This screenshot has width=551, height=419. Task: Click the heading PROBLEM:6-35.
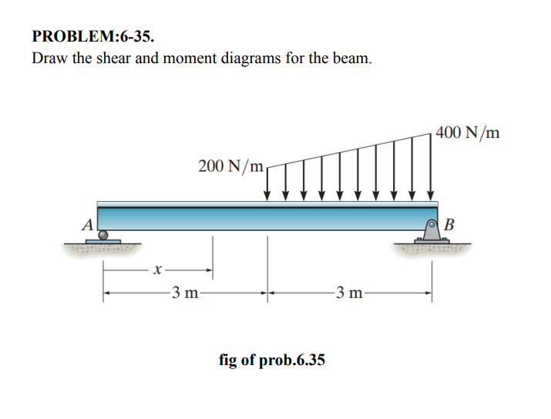pyautogui.click(x=87, y=36)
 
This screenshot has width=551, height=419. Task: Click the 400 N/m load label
pyautogui.click(x=467, y=132)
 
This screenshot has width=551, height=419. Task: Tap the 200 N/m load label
pyautogui.click(x=230, y=166)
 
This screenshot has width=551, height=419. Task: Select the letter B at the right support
pyautogui.click(x=450, y=225)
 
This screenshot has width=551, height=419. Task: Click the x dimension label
pyautogui.click(x=157, y=270)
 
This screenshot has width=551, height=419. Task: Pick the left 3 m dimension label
pyautogui.click(x=184, y=293)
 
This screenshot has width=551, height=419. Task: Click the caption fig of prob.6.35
pyautogui.click(x=272, y=359)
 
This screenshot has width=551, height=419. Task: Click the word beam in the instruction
pyautogui.click(x=354, y=59)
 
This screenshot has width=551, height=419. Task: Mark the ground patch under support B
pyautogui.click(x=432, y=249)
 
